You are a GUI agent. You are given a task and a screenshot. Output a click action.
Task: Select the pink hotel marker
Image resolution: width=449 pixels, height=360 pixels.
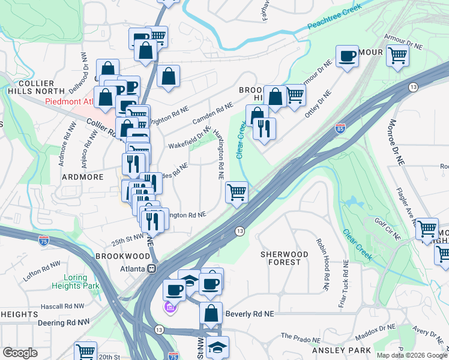[170, 308]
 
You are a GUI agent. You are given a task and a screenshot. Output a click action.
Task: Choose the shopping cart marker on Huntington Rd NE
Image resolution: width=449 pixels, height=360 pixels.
[237, 193]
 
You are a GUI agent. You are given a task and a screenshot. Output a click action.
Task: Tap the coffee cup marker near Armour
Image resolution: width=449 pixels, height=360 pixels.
[347, 57]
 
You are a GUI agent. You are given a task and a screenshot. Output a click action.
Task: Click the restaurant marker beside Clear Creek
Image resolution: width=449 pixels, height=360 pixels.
[264, 129]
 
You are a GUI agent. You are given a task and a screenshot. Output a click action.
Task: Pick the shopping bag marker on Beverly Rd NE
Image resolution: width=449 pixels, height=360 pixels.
[211, 314]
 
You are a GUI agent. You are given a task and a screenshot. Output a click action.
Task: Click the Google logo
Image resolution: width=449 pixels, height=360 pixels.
[20, 353]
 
